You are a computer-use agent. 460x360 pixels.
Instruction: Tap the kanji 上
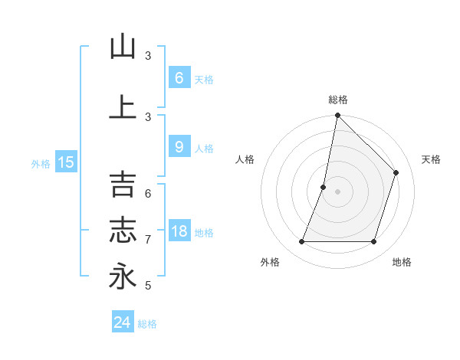point(123,106)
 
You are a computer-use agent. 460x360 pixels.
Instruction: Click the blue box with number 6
point(179,77)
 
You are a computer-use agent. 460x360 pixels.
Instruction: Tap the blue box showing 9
point(179,147)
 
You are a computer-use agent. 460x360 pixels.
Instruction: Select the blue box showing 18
point(179,231)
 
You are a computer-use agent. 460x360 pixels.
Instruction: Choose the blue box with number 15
point(65,162)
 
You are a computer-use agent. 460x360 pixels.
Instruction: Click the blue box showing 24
point(123,322)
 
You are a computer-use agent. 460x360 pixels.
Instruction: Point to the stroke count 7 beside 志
point(148,240)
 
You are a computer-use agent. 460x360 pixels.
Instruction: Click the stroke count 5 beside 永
point(148,286)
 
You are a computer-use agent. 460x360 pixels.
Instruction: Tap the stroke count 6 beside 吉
point(148,194)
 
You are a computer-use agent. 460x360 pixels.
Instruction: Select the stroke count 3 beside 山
point(148,56)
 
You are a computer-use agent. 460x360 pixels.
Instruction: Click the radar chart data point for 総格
point(337,115)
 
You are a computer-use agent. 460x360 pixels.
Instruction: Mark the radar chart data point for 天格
point(396,172)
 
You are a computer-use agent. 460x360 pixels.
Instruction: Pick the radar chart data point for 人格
point(324,187)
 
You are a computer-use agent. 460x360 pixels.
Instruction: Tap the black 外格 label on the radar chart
point(270,262)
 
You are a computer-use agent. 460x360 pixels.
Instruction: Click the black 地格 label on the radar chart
point(402,262)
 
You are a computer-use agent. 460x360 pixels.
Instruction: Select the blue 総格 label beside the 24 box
point(148,324)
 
